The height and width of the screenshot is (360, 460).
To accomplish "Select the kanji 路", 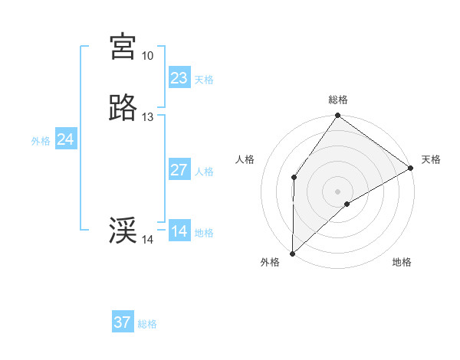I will point(123,109).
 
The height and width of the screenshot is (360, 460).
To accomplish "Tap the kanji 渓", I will point(123,231).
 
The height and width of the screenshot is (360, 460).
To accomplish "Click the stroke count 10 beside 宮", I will point(147,56).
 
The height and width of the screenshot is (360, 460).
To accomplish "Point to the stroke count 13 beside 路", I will point(147,117).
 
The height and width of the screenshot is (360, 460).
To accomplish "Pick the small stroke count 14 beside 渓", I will point(147,240).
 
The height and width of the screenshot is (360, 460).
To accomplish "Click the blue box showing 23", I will point(179,77).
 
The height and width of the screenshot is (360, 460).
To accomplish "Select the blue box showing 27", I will point(179,170).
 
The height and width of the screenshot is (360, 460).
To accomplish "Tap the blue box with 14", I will point(179,231).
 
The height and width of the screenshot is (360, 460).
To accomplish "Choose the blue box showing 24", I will point(66,139).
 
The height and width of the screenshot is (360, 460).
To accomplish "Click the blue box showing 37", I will point(123,322).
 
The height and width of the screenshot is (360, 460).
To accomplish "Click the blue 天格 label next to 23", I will point(204,79).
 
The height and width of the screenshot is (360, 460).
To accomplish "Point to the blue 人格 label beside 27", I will point(204,172).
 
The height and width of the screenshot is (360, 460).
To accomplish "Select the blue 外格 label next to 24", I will point(41,141).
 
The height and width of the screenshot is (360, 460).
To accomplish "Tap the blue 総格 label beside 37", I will point(147,324).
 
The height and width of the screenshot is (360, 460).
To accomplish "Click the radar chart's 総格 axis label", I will point(338,100).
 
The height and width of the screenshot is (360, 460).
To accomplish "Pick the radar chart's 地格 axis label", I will point(402,262).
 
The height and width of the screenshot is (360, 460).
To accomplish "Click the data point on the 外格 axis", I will point(292,254).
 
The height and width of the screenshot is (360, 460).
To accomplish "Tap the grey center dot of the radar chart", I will point(338,191).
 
